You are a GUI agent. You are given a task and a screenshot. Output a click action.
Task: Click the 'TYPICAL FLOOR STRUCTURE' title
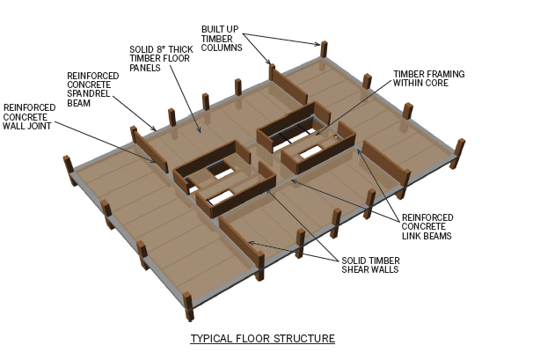(x=263, y=338)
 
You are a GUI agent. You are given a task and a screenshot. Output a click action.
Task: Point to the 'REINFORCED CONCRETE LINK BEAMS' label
(x=428, y=227)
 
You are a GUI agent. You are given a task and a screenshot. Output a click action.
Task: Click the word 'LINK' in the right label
(x=411, y=236)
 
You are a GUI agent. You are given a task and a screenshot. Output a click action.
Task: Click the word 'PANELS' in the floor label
(x=146, y=67)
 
